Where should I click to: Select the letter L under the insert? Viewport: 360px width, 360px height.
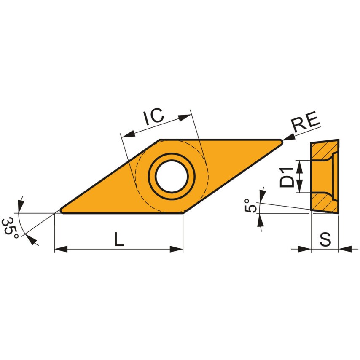point(119,239)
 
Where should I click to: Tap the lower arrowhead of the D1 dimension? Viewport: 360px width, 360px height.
point(300,188)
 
